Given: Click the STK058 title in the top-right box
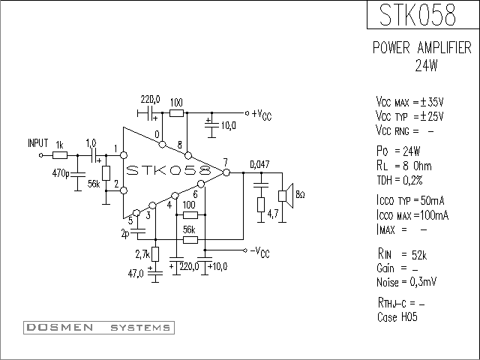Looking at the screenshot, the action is [418, 15].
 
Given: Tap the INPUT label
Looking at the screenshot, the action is [38, 143].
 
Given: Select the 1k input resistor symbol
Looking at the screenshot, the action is [60, 155].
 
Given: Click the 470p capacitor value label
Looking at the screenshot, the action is [61, 173].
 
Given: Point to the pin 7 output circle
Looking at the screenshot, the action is [226, 172].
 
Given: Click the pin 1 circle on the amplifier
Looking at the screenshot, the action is [124, 155].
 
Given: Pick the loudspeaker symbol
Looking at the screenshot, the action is [286, 196].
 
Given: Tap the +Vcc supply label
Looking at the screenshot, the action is [262, 115].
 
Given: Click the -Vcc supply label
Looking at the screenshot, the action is [260, 252].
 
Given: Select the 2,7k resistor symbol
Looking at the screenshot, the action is [155, 254].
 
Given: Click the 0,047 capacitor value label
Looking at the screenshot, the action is [260, 164].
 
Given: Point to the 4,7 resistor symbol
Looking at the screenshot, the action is [261, 205].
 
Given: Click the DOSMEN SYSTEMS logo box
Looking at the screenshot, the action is [99, 328].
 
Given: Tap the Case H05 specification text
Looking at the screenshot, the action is [397, 316].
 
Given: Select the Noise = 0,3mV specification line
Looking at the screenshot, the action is [406, 282].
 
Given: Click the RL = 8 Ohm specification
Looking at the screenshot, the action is [404, 166].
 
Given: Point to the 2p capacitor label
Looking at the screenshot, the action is [125, 234].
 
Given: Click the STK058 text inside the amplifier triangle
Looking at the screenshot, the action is [169, 170].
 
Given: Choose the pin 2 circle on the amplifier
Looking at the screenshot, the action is [124, 190].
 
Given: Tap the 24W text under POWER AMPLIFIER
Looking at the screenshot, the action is [426, 65].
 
